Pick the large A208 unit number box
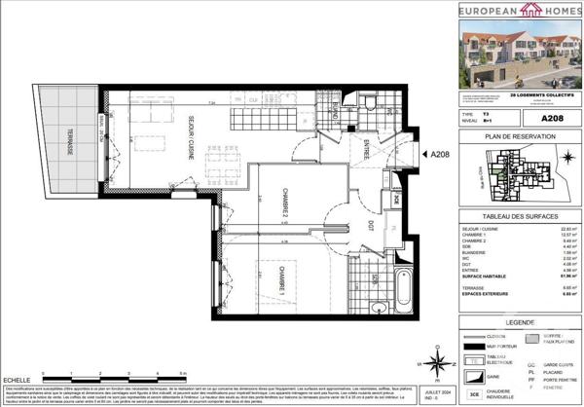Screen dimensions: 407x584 point(554,118)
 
